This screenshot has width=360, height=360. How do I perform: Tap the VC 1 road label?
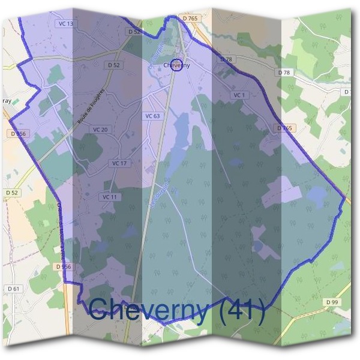[x=239, y=95]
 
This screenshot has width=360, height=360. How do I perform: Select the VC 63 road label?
[x=152, y=116]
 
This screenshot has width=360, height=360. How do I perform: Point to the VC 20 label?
[x=100, y=130]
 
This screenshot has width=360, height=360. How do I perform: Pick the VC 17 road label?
[x=119, y=163]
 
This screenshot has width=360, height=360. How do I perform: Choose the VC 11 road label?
[x=109, y=197]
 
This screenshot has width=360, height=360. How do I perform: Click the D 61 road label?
[x=14, y=289]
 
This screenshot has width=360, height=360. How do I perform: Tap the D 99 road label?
[x=332, y=301]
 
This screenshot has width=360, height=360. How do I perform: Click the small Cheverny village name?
[x=176, y=65]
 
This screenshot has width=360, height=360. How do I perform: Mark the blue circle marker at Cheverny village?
[x=176, y=66]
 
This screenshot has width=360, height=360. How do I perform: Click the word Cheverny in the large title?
[x=149, y=310]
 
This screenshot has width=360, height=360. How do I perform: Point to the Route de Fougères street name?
[x=91, y=107]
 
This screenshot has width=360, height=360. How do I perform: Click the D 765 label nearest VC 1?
[x=284, y=128]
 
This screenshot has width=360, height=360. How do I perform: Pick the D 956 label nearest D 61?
[x=63, y=266]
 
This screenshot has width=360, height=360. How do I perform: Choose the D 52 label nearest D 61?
[x=12, y=192]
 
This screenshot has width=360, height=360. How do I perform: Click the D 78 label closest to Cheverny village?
[x=226, y=59]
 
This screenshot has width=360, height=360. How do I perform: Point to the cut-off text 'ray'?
[x=7, y=102]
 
